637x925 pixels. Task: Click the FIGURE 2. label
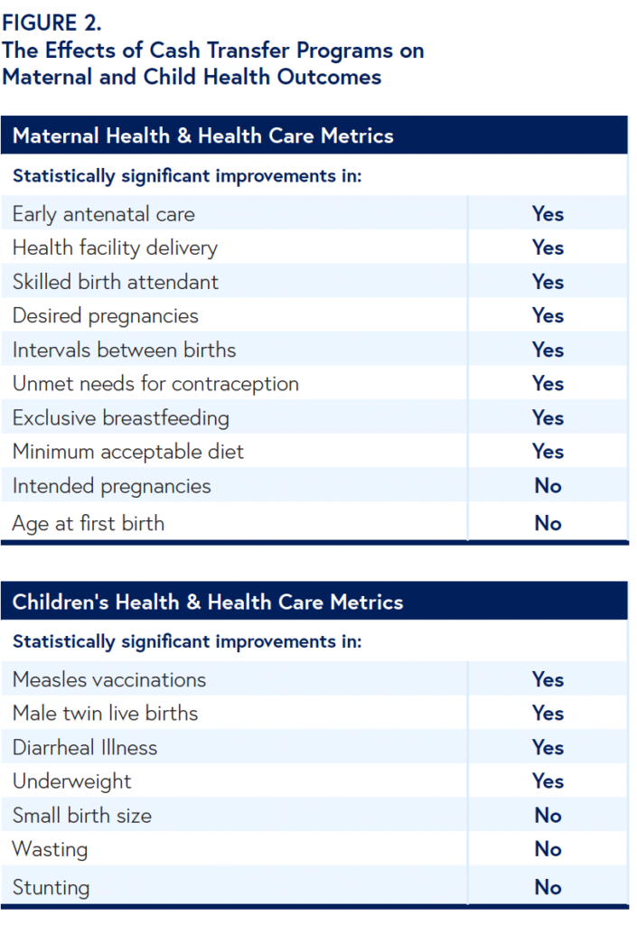tap(52, 23)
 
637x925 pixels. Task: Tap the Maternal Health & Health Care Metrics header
tap(203, 136)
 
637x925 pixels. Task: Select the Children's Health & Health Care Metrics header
tap(208, 603)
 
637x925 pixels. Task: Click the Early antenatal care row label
tap(104, 214)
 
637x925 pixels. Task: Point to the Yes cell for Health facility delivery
tap(548, 248)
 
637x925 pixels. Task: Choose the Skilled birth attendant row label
tap(116, 282)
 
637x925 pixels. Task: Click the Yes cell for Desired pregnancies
tap(548, 315)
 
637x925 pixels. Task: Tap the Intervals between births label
tap(125, 350)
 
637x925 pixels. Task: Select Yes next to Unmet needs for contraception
tap(548, 384)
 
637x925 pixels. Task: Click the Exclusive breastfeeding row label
tap(121, 418)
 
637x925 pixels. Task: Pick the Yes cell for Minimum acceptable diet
tap(548, 452)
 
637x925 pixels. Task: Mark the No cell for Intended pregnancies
tap(548, 486)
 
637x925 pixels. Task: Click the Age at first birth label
tap(89, 523)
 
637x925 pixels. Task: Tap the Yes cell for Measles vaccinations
tap(548, 679)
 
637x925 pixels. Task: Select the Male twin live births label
tap(106, 714)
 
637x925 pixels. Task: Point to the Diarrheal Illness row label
tap(85, 748)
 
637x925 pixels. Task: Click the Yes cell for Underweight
tap(548, 781)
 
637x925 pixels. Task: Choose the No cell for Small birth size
tap(548, 816)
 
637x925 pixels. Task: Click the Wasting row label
tap(51, 849)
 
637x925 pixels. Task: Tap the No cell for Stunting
tap(548, 887)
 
